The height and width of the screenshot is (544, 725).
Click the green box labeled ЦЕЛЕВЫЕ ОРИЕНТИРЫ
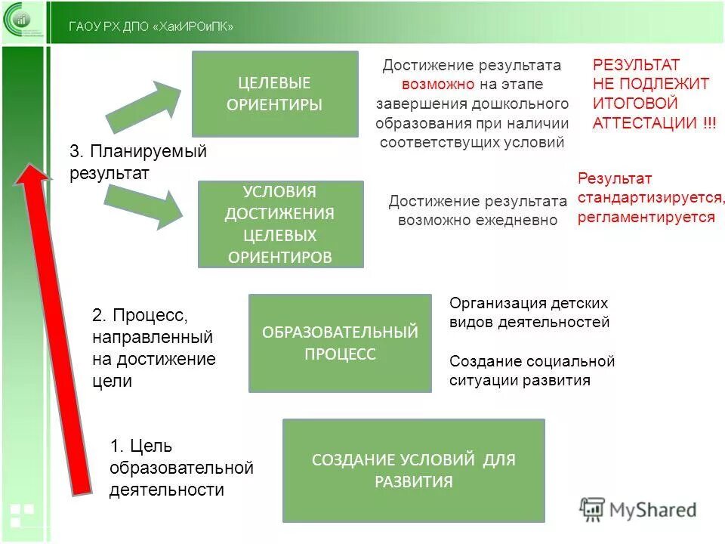(274, 94)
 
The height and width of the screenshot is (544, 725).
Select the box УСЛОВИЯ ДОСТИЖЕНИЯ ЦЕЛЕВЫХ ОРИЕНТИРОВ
(280, 224)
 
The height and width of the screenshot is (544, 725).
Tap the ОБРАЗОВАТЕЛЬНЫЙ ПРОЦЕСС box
(340, 343)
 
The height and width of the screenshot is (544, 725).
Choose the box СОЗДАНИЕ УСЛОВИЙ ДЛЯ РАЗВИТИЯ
(413, 470)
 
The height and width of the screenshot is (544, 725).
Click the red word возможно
(438, 85)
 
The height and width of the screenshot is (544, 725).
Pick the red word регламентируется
(646, 218)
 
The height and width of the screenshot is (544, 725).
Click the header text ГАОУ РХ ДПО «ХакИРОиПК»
(151, 27)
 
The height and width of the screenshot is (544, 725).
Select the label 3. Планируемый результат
(137, 162)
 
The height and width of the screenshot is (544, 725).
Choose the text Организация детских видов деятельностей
(529, 313)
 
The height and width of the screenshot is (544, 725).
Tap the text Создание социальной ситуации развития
(532, 370)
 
